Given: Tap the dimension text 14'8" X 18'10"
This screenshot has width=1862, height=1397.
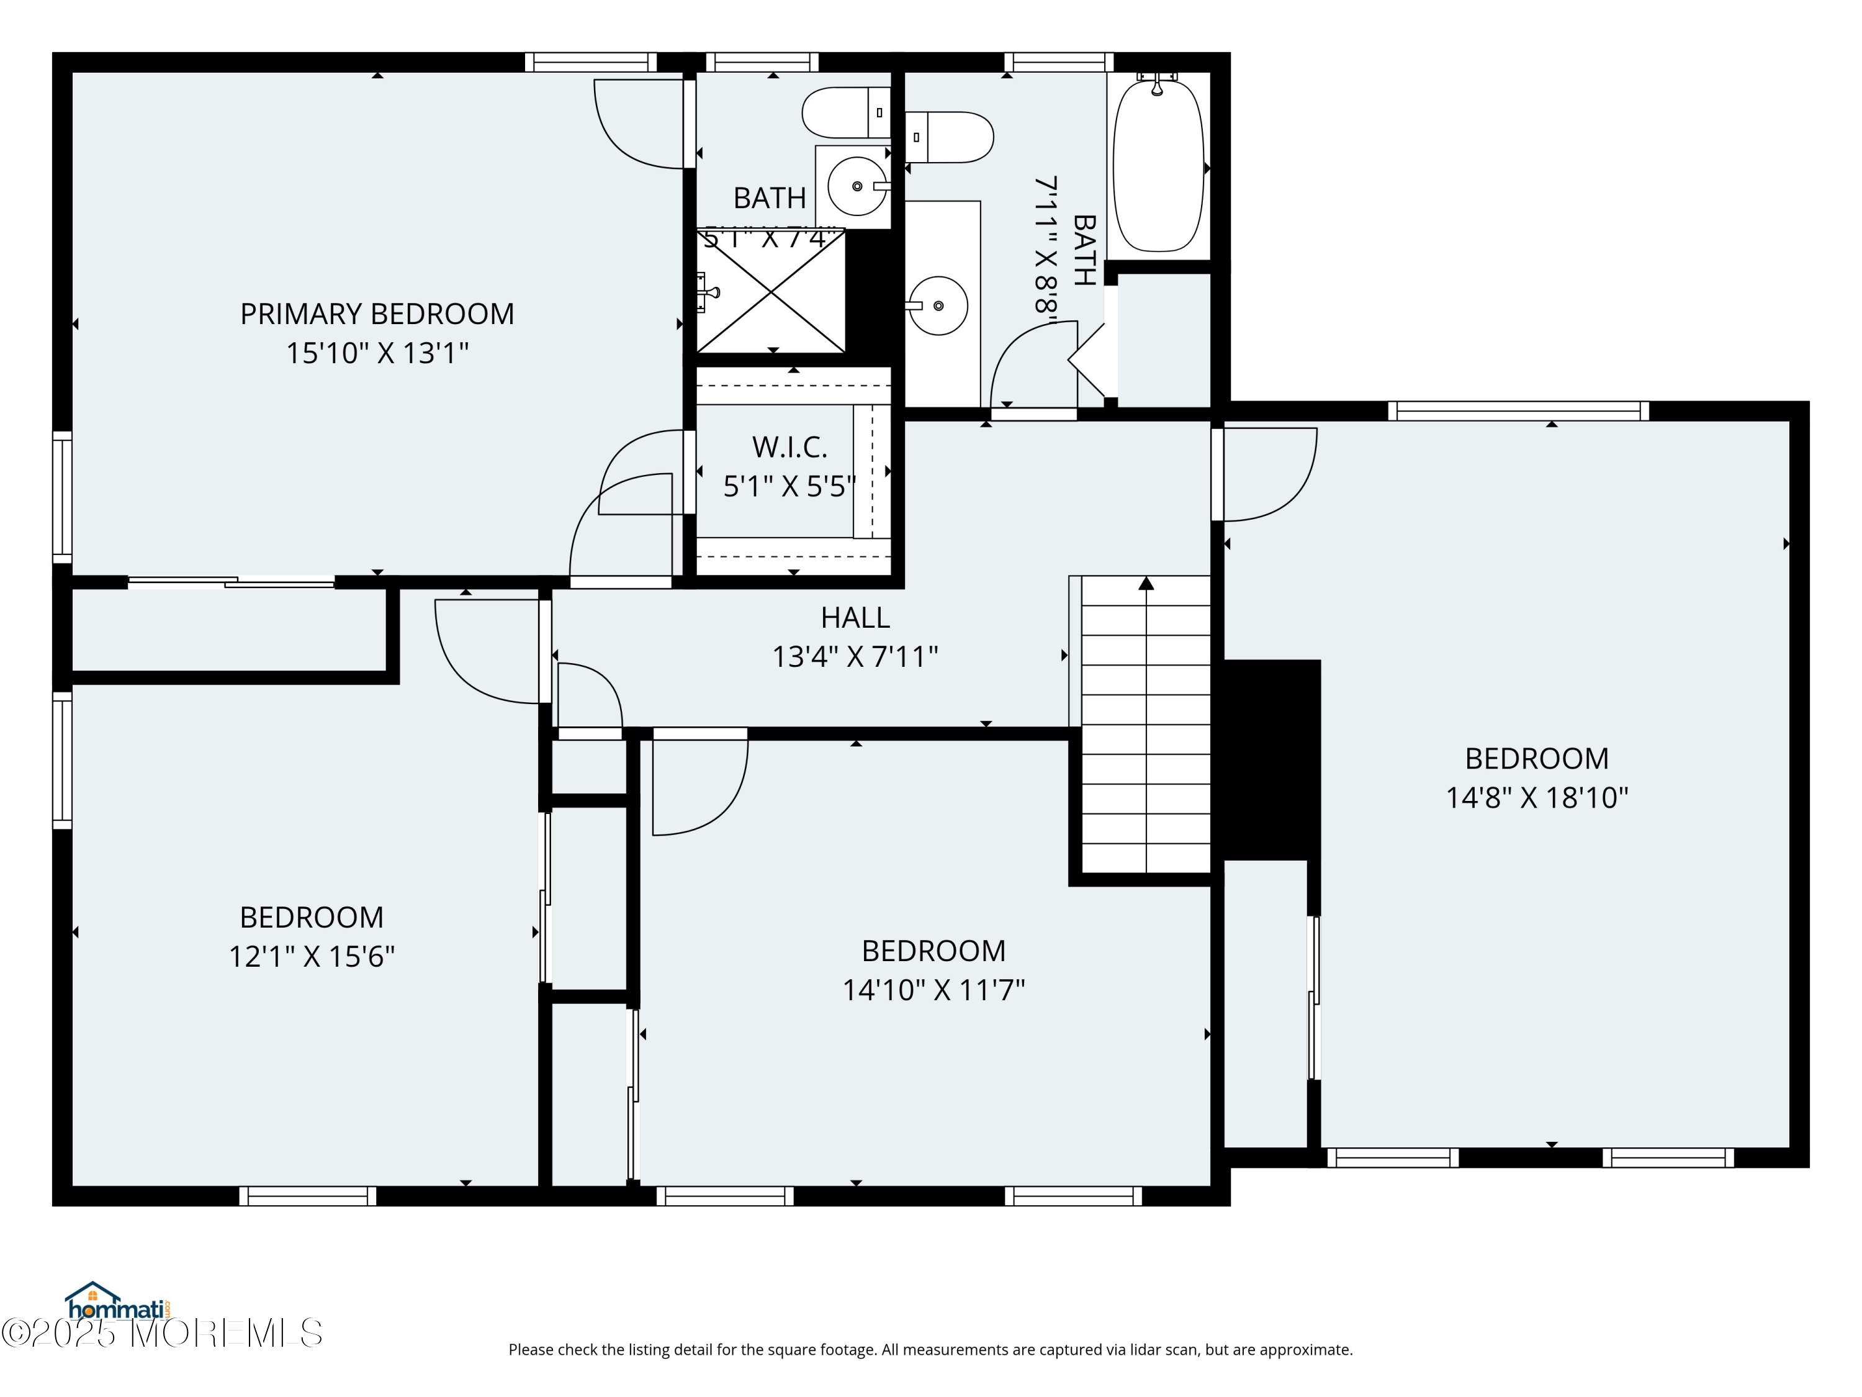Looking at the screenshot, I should [1536, 797].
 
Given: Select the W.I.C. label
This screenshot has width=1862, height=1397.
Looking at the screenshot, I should [789, 447].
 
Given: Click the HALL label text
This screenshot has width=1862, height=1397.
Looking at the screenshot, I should [855, 618].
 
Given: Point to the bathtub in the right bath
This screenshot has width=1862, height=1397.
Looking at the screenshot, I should [1158, 166].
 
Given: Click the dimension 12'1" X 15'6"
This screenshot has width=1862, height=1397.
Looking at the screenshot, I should [312, 957].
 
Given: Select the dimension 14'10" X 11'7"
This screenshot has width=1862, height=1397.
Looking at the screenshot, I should [933, 990].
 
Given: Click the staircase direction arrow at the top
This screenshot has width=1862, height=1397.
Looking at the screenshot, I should [1146, 584].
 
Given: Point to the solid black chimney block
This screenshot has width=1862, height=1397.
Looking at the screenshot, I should [1271, 759].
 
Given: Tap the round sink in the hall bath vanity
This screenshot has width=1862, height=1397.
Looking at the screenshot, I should [938, 305].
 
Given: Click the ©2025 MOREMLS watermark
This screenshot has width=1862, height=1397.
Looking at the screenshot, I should [161, 1333].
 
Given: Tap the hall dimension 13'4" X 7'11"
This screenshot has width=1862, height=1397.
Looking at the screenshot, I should [855, 657].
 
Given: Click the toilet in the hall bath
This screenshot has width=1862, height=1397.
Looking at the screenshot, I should [951, 137].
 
